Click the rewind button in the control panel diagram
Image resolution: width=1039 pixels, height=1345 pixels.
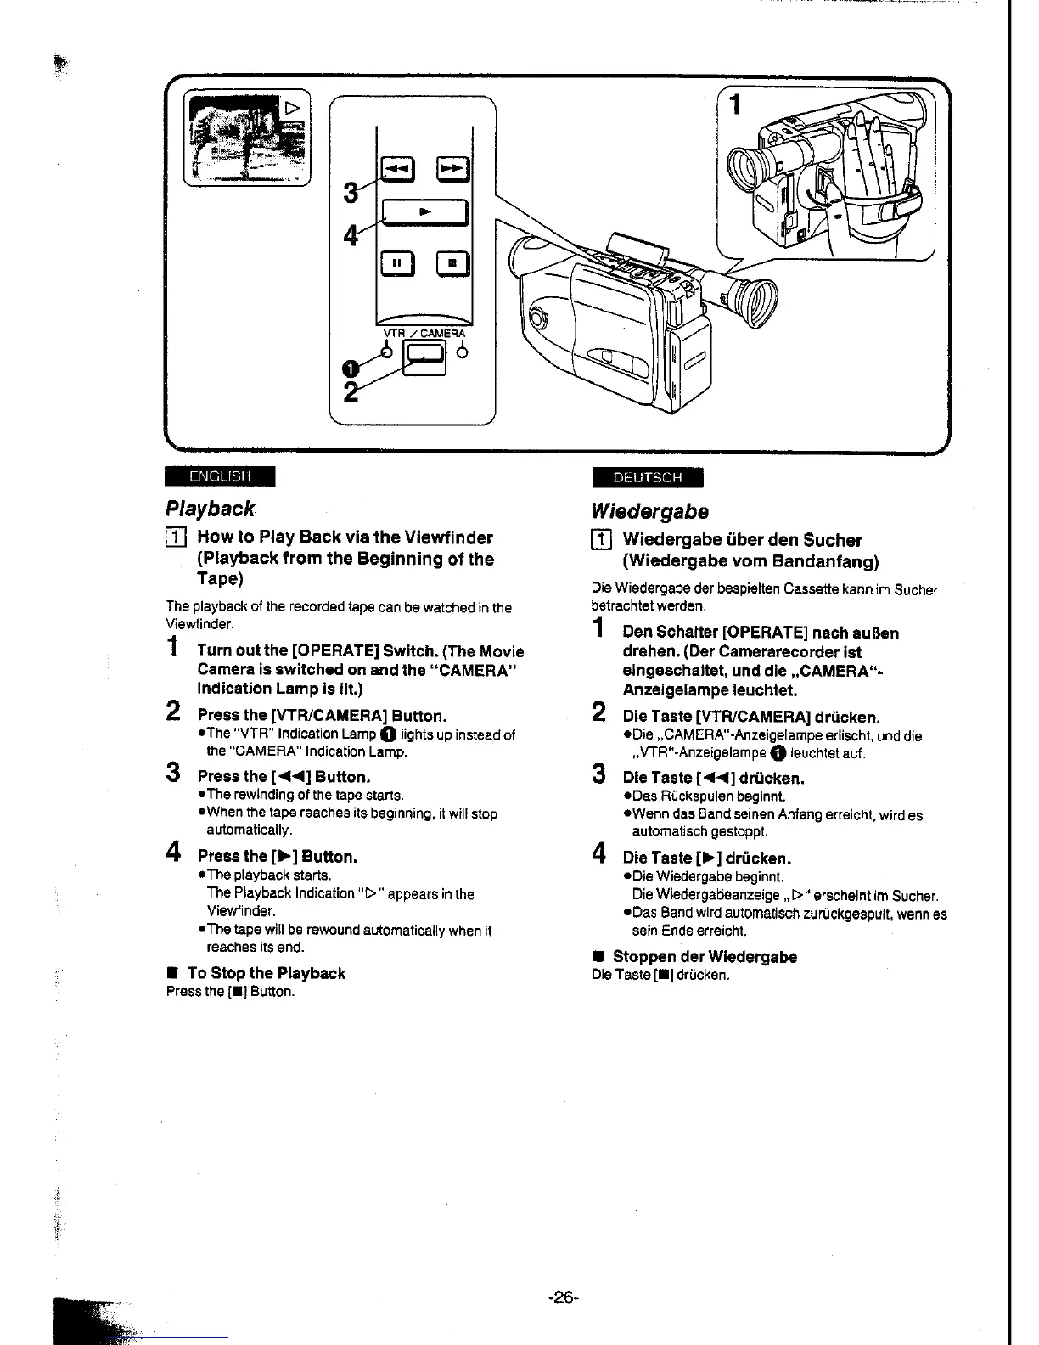pos(396,172)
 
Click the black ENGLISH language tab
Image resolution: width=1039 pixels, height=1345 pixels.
pos(220,476)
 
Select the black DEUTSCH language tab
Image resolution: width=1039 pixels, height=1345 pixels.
pos(648,478)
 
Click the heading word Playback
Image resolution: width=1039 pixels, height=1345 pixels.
pos(210,509)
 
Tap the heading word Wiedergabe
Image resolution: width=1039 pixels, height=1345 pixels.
pos(649,511)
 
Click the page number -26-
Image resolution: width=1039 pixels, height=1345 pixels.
pos(563,1297)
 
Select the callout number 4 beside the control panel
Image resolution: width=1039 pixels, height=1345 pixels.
pos(349,234)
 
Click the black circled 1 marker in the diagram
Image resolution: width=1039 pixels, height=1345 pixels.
pos(346,369)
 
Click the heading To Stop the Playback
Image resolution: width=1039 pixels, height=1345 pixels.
pos(266,973)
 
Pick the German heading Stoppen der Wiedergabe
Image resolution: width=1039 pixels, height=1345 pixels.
pos(705,957)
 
